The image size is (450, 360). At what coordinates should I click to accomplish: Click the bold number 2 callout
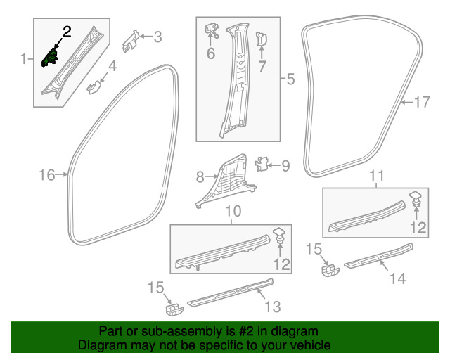pyautogui.click(x=67, y=31)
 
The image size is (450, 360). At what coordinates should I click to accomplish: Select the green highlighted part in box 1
pyautogui.click(x=51, y=57)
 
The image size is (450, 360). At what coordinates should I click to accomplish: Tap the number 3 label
pyautogui.click(x=157, y=37)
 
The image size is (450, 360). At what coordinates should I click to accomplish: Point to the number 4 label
pyautogui.click(x=112, y=68)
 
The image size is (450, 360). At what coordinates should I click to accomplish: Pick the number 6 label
pyautogui.click(x=210, y=53)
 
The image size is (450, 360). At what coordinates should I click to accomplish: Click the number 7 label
pyautogui.click(x=262, y=67)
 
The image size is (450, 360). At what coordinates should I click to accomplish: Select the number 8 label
pyautogui.click(x=200, y=176)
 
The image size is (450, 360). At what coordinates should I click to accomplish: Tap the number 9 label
pyautogui.click(x=285, y=166)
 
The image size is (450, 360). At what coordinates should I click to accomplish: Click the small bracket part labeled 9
pyautogui.click(x=261, y=165)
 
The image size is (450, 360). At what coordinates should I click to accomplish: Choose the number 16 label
pyautogui.click(x=46, y=175)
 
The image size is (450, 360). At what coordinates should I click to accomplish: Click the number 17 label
pyautogui.click(x=420, y=102)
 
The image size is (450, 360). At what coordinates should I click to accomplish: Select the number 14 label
pyautogui.click(x=397, y=278)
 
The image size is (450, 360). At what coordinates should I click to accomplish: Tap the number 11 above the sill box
pyautogui.click(x=378, y=175)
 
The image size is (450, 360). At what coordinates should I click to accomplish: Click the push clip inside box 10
pyautogui.click(x=279, y=236)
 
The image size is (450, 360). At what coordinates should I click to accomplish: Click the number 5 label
pyautogui.click(x=290, y=79)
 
